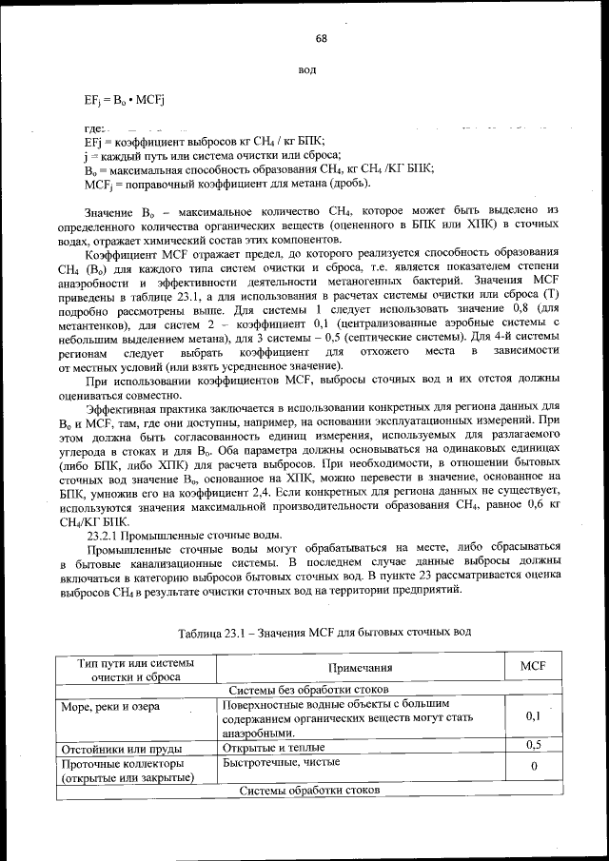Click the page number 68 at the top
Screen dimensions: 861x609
tap(321, 38)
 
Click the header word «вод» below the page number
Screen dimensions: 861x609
tap(307, 70)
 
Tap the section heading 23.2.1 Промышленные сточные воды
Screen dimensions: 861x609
tap(185, 536)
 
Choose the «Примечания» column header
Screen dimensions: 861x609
tap(362, 669)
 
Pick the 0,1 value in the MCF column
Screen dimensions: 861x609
tap(533, 715)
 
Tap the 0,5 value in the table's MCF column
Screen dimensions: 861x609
tap(533, 745)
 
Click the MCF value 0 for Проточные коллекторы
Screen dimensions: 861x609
tap(533, 766)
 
